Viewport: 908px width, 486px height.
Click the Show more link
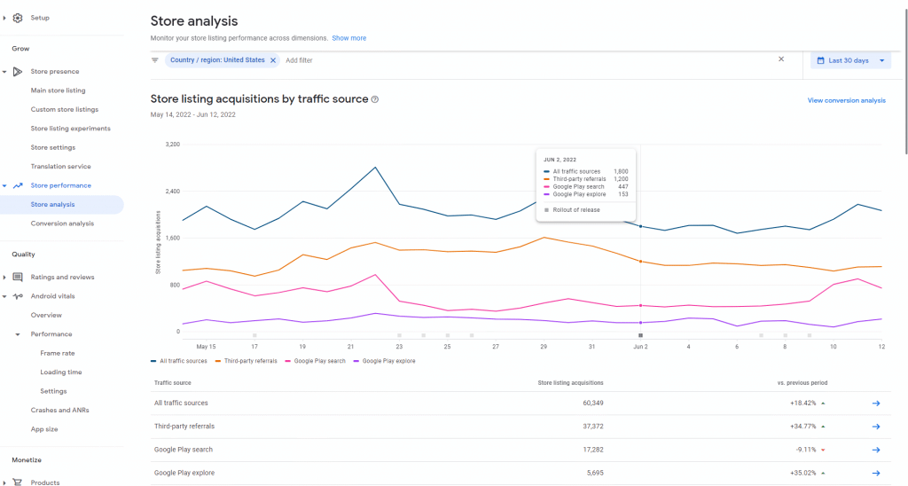pos(348,38)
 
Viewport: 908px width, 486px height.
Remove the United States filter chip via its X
pos(273,60)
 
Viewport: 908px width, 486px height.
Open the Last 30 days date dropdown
pos(849,60)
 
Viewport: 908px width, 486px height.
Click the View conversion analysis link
pos(846,100)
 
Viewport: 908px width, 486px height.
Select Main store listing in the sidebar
pos(58,90)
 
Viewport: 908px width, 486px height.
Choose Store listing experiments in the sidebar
pos(70,129)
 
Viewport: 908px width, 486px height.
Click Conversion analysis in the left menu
pos(62,223)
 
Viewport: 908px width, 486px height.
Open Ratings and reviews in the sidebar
pos(62,277)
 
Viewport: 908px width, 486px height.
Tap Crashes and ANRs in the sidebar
pos(59,410)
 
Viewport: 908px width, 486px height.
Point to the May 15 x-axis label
pos(206,347)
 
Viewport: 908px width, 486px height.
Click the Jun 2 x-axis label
pos(640,347)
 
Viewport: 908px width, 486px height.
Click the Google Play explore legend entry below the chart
pos(388,361)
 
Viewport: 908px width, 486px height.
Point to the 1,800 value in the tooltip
pos(621,171)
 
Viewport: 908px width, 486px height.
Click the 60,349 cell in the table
pos(585,404)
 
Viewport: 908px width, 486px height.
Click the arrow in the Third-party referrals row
pos(875,427)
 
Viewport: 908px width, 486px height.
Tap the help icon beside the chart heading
pos(375,99)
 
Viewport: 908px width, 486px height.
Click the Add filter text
pos(299,60)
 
